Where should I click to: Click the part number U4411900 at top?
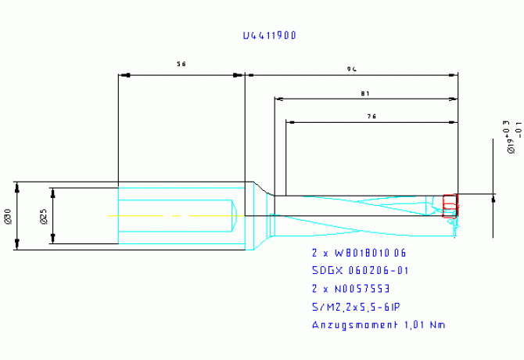(269, 36)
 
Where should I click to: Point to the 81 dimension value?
(365, 93)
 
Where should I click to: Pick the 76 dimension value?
(371, 116)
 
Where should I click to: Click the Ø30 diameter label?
(8, 217)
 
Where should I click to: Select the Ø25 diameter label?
(43, 217)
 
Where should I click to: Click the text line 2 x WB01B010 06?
(359, 254)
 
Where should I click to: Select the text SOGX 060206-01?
(359, 271)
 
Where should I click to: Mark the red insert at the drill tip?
(449, 205)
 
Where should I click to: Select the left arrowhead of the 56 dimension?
(122, 76)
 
